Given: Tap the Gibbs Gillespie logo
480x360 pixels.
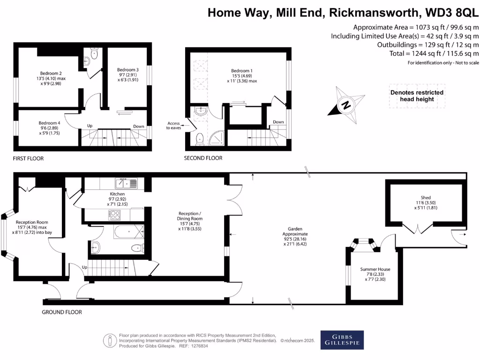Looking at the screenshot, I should (342, 340).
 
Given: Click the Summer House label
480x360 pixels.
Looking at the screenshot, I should (375, 270).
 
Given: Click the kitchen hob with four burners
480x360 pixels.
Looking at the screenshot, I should (115, 215).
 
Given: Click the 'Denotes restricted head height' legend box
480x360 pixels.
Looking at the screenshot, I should (417, 96).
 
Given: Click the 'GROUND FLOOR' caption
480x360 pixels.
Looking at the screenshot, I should (62, 312).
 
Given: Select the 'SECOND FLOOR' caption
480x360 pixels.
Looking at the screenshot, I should (203, 158).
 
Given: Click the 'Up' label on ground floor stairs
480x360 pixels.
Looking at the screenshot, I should (84, 267).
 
